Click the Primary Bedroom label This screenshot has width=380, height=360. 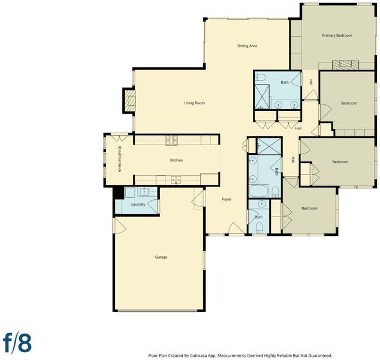coord(337,35)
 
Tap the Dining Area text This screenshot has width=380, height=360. coord(247,46)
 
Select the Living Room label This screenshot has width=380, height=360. coord(194,103)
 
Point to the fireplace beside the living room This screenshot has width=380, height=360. coord(129,100)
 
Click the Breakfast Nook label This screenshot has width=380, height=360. coord(119,159)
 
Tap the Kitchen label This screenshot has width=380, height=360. coord(176,160)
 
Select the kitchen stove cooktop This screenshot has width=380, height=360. coord(171,140)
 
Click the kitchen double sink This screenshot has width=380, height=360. coord(176,180)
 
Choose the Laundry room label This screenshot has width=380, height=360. coord(138,204)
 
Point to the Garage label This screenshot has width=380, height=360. coord(161,257)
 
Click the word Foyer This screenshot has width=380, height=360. coord(227,199)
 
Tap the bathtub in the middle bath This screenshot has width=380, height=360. coord(258,191)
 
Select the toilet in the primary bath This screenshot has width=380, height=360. coord(261,77)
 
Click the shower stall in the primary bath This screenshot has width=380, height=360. coord(262,97)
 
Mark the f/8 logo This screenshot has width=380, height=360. coord(17,343)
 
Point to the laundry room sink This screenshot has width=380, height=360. coord(144,191)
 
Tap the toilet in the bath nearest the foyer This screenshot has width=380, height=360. coord(259,227)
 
